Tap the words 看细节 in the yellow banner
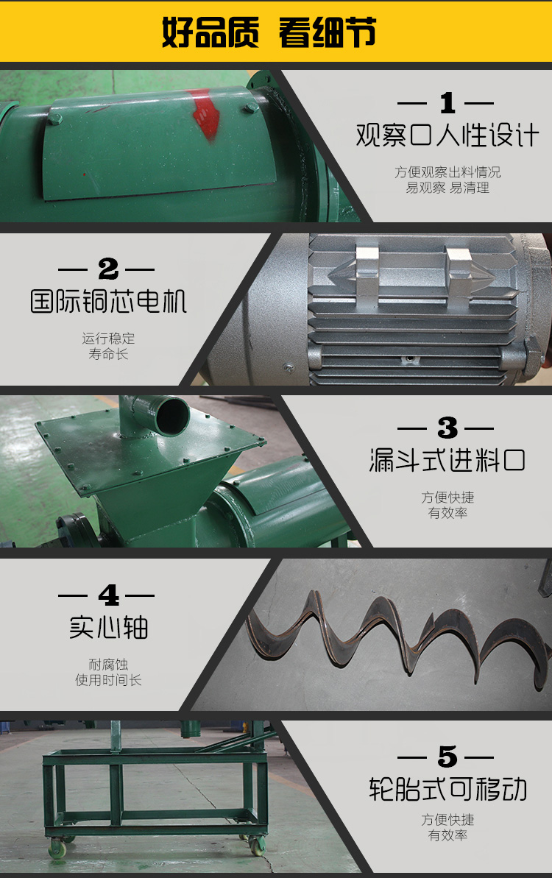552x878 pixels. [328, 33]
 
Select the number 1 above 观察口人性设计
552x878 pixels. [446, 104]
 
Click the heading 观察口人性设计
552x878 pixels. [447, 135]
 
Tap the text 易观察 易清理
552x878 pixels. [447, 188]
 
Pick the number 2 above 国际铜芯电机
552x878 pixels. [107, 269]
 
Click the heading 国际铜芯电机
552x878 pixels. [108, 301]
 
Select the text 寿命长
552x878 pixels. [108, 354]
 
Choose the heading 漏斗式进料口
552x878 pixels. [447, 461]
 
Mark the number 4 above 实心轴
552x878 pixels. [107, 595]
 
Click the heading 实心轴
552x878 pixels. [108, 626]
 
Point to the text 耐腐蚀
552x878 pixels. [108, 665]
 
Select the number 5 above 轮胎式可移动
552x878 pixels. [446, 757]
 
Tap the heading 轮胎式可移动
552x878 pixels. [447, 788]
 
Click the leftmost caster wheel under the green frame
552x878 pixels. [58, 851]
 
